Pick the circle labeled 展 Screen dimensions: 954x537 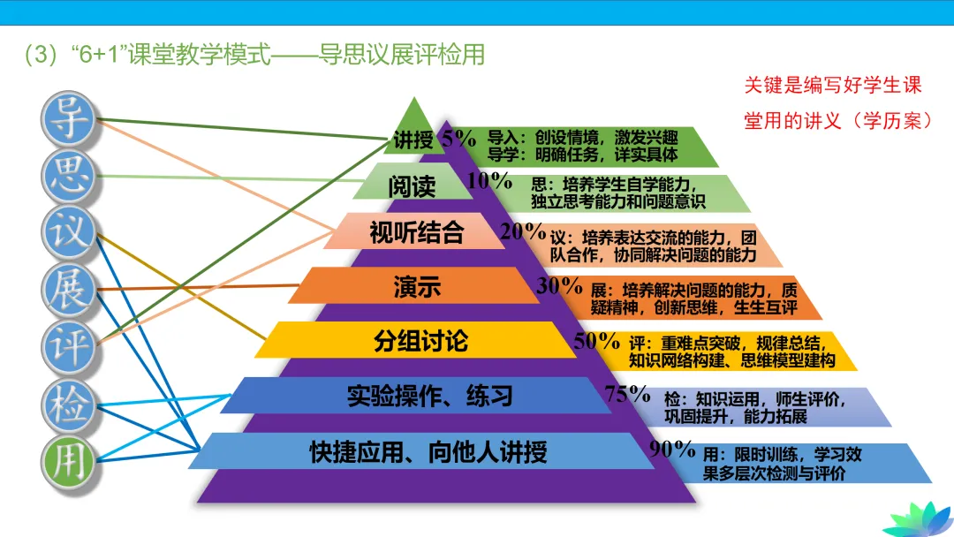(69, 288)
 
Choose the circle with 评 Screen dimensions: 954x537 (69, 345)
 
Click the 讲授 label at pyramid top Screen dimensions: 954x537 (413, 140)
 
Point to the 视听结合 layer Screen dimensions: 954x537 (416, 232)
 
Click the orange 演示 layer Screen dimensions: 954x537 (416, 287)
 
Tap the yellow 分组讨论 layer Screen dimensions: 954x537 (420, 341)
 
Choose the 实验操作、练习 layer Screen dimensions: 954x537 (429, 396)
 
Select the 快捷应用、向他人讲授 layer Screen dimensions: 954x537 (428, 452)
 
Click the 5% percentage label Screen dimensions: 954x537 (459, 138)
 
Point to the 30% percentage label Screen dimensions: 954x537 (558, 285)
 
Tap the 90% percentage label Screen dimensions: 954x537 (672, 449)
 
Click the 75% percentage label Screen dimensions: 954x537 (628, 395)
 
